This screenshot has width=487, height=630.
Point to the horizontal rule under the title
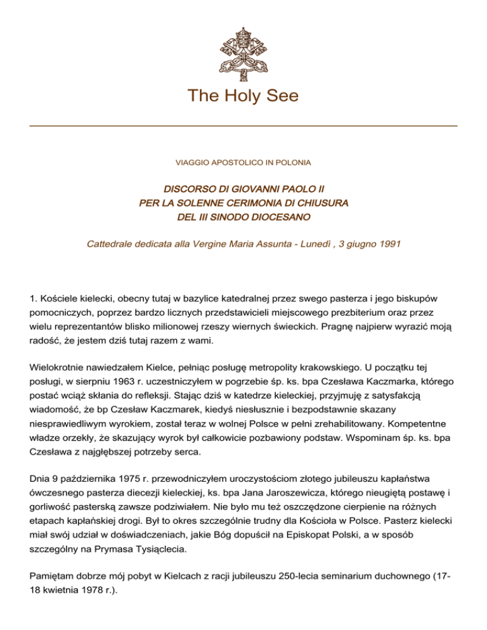click(243, 126)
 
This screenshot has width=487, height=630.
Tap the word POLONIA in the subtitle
click(292, 163)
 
